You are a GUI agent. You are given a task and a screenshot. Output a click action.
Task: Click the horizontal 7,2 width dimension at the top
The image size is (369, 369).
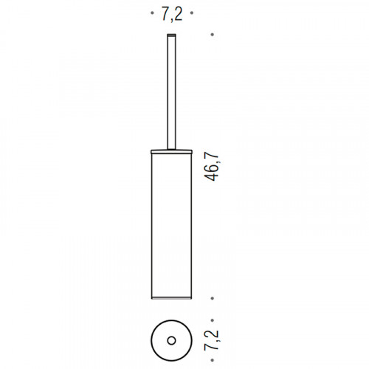point(172,14)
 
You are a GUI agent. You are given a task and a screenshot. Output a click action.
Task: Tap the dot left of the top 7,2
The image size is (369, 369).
point(152,13)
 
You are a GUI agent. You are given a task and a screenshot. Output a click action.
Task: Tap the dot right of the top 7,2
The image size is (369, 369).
point(192,13)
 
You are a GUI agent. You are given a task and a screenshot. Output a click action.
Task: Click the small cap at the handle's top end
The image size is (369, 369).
point(172,35)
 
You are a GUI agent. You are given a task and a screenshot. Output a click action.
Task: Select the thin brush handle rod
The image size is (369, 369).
point(172,92)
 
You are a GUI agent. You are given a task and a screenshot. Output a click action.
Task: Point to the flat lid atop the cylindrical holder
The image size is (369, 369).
point(171,151)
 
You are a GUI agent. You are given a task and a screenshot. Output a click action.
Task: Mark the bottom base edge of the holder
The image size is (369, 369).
point(171,298)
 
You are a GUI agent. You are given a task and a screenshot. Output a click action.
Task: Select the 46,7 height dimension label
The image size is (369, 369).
point(211,167)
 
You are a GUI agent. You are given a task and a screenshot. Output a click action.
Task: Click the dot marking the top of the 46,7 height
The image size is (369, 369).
point(213,35)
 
